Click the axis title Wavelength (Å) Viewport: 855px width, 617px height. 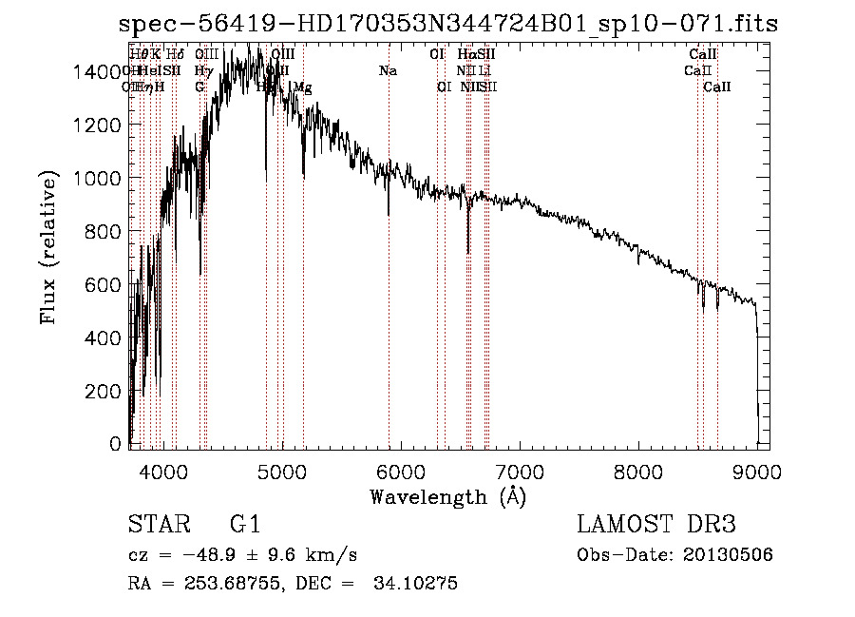447,496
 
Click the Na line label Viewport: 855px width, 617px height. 388,71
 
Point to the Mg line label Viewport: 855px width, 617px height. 303,87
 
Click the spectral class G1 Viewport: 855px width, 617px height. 244,526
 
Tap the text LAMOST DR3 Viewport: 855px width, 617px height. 656,526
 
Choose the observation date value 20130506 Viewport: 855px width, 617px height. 726,554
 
